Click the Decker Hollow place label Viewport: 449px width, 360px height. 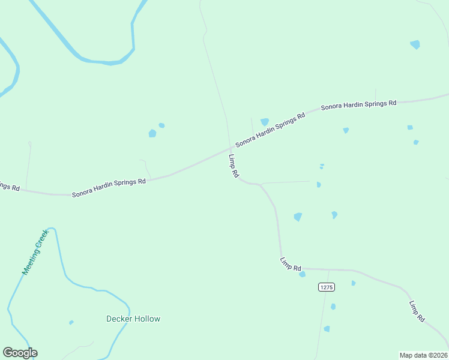click(x=133, y=319)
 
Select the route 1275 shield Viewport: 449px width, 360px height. click(x=326, y=287)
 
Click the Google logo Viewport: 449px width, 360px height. click(x=20, y=353)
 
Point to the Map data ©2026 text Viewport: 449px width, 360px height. click(x=424, y=355)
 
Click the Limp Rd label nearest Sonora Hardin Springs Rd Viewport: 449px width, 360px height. click(x=234, y=166)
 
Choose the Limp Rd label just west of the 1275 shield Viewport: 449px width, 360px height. click(x=291, y=263)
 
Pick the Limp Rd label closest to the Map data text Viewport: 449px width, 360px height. click(x=417, y=311)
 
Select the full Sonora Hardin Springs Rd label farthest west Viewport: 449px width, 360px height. click(x=109, y=187)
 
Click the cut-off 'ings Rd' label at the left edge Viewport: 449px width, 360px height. click(x=10, y=187)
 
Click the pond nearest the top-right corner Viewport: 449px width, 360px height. click(x=415, y=44)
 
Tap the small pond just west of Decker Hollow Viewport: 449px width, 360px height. click(x=71, y=322)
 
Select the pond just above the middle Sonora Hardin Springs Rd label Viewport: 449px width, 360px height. click(x=264, y=122)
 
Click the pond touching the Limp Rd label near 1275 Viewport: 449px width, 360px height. click(x=302, y=274)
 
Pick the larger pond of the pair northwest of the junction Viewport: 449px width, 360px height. click(x=152, y=133)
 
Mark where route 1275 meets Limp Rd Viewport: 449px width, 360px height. click(x=329, y=270)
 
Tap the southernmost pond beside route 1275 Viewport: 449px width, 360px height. click(x=327, y=329)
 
